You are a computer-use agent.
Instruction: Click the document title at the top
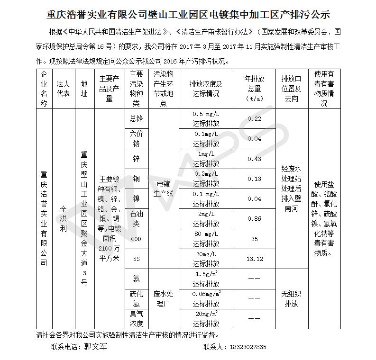click(x=188, y=14)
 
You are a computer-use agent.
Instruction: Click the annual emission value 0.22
click(x=254, y=119)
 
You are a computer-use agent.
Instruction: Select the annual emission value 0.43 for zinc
click(x=254, y=159)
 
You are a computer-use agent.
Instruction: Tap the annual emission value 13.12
click(x=254, y=259)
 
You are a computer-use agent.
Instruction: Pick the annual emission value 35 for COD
click(x=254, y=239)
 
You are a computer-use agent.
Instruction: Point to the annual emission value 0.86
click(x=254, y=219)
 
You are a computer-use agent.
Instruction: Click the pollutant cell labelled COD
click(x=136, y=239)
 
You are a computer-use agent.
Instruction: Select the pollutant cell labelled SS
click(x=136, y=259)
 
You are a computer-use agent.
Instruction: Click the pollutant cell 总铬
click(x=136, y=119)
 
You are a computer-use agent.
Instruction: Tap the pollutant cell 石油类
click(x=136, y=219)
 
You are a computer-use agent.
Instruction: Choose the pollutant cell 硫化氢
click(x=136, y=299)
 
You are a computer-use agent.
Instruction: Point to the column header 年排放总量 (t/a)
click(x=254, y=89)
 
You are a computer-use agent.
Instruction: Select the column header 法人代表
click(x=63, y=89)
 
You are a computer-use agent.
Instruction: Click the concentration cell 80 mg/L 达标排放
click(x=206, y=239)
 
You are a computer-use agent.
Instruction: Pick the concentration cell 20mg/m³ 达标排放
click(x=206, y=319)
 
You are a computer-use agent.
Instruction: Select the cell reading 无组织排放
click(x=292, y=299)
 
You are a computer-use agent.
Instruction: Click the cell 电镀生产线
click(x=163, y=189)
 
